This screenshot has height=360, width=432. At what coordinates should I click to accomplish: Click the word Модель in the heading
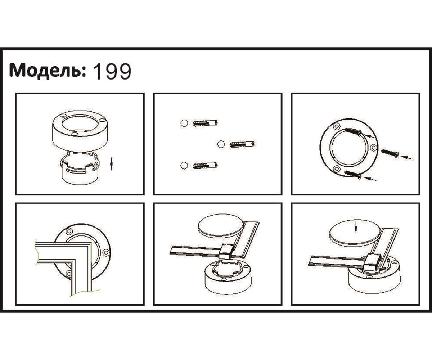pyautogui.click(x=47, y=71)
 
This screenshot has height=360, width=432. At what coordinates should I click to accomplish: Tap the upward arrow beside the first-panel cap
pyautogui.click(x=112, y=164)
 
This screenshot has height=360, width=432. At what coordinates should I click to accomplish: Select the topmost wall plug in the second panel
pyautogui.click(x=205, y=123)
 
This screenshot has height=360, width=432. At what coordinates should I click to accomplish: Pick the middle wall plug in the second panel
pyautogui.click(x=242, y=144)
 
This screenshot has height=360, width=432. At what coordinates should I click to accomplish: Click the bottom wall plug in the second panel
pyautogui.click(x=205, y=166)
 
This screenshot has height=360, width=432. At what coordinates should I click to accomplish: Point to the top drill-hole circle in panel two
pyautogui.click(x=184, y=123)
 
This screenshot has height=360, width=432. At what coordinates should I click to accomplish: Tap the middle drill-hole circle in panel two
pyautogui.click(x=221, y=144)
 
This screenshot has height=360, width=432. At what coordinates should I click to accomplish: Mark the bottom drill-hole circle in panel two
pyautogui.click(x=184, y=166)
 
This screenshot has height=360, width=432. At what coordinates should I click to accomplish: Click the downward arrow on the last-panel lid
pyautogui.click(x=355, y=227)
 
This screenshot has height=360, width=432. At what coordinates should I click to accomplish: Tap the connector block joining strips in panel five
pyautogui.click(x=226, y=251)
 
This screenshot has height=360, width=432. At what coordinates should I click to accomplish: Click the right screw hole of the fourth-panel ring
pyautogui.click(x=106, y=252)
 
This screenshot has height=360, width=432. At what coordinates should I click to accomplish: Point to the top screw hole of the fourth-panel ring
pyautogui.click(x=69, y=231)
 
